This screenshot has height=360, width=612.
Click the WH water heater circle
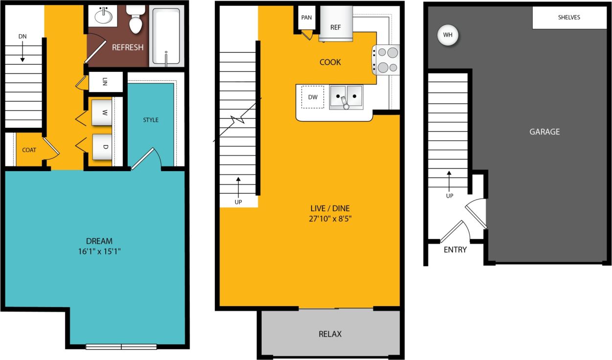click(448, 35)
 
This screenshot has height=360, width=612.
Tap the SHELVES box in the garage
click(569, 18)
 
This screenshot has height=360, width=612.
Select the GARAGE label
click(544, 132)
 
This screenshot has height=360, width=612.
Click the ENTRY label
click(455, 249)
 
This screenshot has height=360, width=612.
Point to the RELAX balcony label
click(330, 334)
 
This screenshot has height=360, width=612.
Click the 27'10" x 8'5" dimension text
click(330, 219)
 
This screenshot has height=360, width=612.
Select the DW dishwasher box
click(313, 97)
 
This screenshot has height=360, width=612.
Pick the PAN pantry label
click(307, 18)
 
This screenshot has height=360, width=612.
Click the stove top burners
click(388, 60)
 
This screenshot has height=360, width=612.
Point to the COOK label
click(330, 62)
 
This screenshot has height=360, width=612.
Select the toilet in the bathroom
click(136, 20)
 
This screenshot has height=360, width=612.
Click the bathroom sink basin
click(103, 17)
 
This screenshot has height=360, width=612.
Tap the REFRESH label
click(128, 47)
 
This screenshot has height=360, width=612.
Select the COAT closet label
click(29, 150)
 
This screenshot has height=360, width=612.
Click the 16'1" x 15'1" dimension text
click(99, 251)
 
